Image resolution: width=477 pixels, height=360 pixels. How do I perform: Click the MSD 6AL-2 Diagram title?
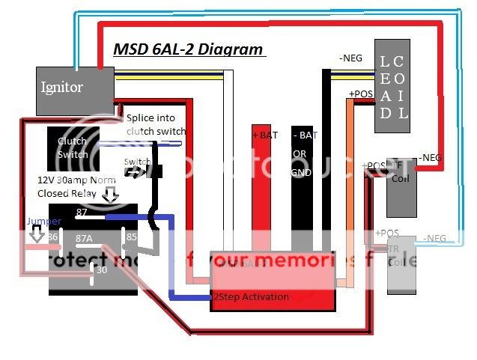(188, 50)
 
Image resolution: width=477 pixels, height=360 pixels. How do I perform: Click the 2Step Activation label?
(251, 297)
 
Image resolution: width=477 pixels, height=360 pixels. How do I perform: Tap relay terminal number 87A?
(84, 238)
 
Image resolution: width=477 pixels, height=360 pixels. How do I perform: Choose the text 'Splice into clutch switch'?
(156, 125)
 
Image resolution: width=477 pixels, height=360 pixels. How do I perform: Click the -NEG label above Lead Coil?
(351, 58)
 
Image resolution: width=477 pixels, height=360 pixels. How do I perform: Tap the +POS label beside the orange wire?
(362, 94)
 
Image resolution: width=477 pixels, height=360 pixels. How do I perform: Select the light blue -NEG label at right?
(434, 238)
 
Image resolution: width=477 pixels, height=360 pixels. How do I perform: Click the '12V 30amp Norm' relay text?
(70, 180)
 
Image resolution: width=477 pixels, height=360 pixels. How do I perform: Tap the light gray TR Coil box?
(396, 262)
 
